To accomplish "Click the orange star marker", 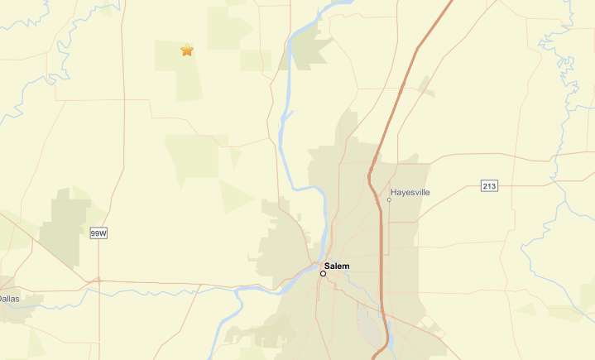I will (187, 50).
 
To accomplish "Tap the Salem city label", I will (337, 266).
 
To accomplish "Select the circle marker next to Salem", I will (323, 273).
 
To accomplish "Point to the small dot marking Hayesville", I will (390, 199).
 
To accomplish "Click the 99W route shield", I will (98, 234).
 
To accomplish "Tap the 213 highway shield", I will (489, 186).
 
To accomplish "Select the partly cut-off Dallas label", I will (9, 298).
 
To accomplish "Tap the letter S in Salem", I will (328, 266).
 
